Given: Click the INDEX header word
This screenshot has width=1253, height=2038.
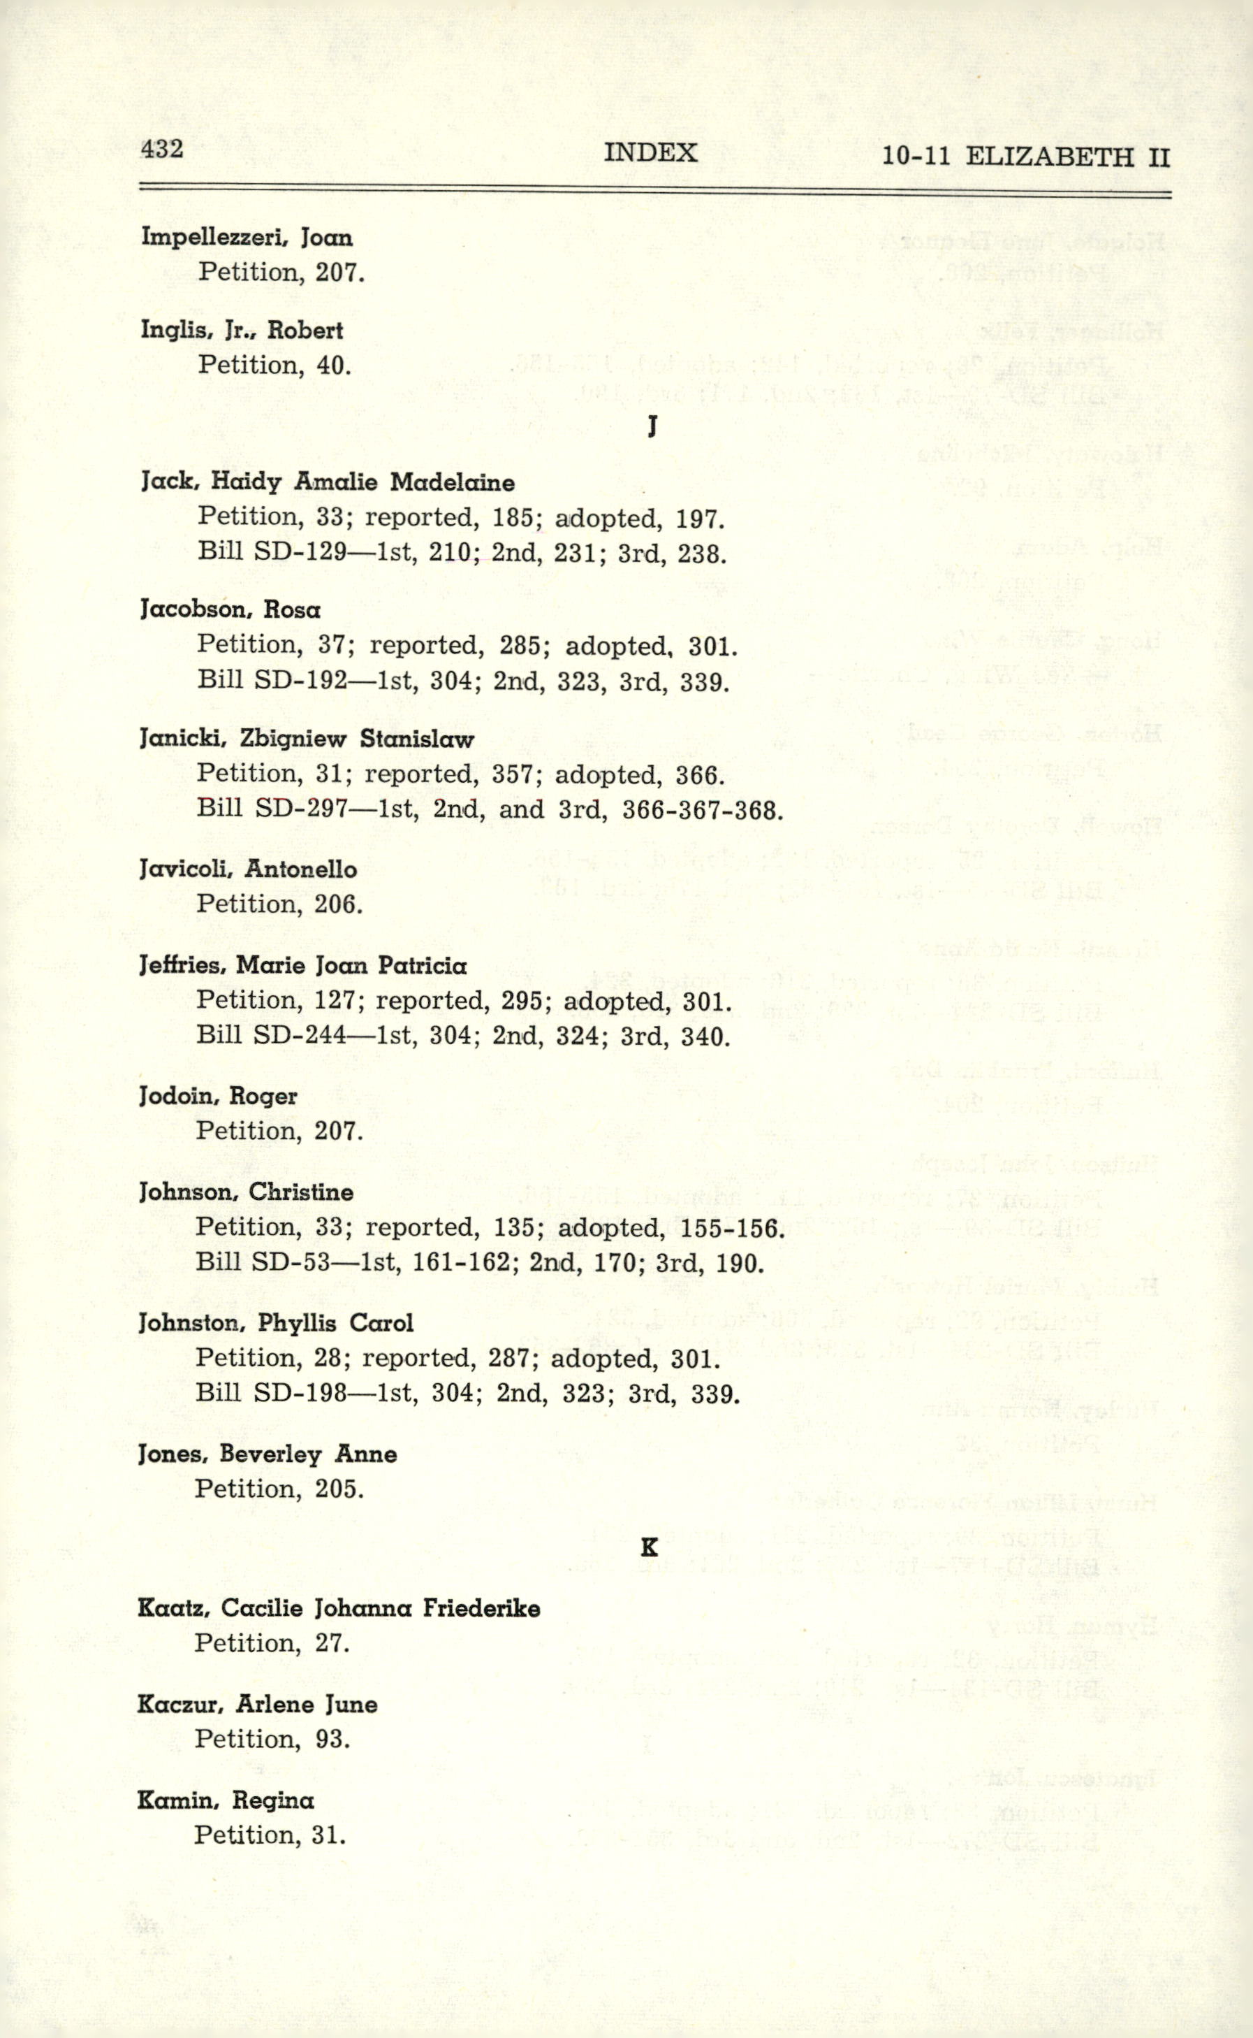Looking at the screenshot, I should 650,152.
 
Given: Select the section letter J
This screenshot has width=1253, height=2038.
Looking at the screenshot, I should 653,426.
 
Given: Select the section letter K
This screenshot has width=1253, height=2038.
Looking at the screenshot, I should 650,1547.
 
